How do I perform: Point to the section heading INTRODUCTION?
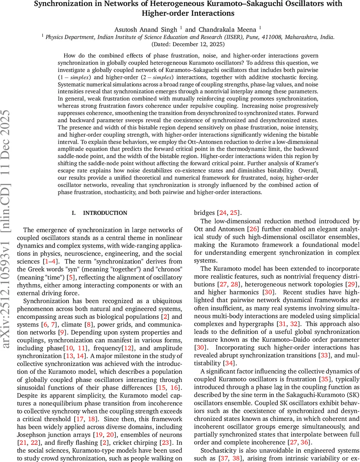click(x=105, y=213)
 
